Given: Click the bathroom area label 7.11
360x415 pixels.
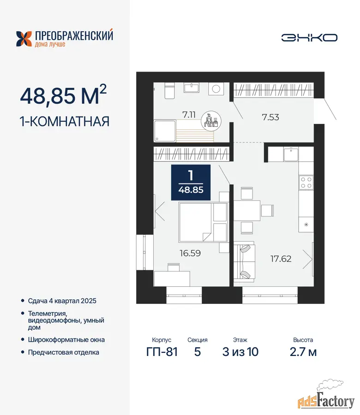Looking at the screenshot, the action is (x=189, y=115).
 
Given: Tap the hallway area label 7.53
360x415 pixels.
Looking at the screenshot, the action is (x=270, y=117).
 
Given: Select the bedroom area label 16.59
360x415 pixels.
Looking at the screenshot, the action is (x=190, y=253).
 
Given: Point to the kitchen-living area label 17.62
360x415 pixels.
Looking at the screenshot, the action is (x=281, y=259).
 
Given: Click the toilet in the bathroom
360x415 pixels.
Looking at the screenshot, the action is (x=169, y=90).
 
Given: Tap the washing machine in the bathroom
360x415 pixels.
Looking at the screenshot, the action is (x=216, y=89).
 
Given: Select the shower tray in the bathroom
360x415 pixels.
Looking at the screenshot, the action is (x=165, y=131).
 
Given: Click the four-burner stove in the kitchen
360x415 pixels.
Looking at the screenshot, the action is (x=306, y=182).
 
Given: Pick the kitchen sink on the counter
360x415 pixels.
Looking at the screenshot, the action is (x=291, y=154).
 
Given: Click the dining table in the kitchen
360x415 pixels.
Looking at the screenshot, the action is (x=247, y=210).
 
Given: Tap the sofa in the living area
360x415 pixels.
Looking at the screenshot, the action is (x=244, y=261).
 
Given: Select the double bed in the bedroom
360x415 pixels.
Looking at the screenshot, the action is (x=203, y=222).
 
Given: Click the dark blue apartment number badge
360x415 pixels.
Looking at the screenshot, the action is (x=191, y=182).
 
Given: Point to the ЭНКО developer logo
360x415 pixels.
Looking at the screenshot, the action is (x=309, y=38).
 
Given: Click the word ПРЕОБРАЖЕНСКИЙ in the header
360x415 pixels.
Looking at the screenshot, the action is (x=74, y=35).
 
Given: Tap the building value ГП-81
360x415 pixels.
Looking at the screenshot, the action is (x=162, y=352).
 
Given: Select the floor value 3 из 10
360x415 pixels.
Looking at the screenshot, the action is (x=240, y=352).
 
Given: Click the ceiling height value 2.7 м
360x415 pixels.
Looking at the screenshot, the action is (x=303, y=352).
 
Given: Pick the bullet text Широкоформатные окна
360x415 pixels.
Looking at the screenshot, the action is (x=66, y=339).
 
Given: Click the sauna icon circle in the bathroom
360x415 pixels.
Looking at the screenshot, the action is (x=211, y=121).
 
